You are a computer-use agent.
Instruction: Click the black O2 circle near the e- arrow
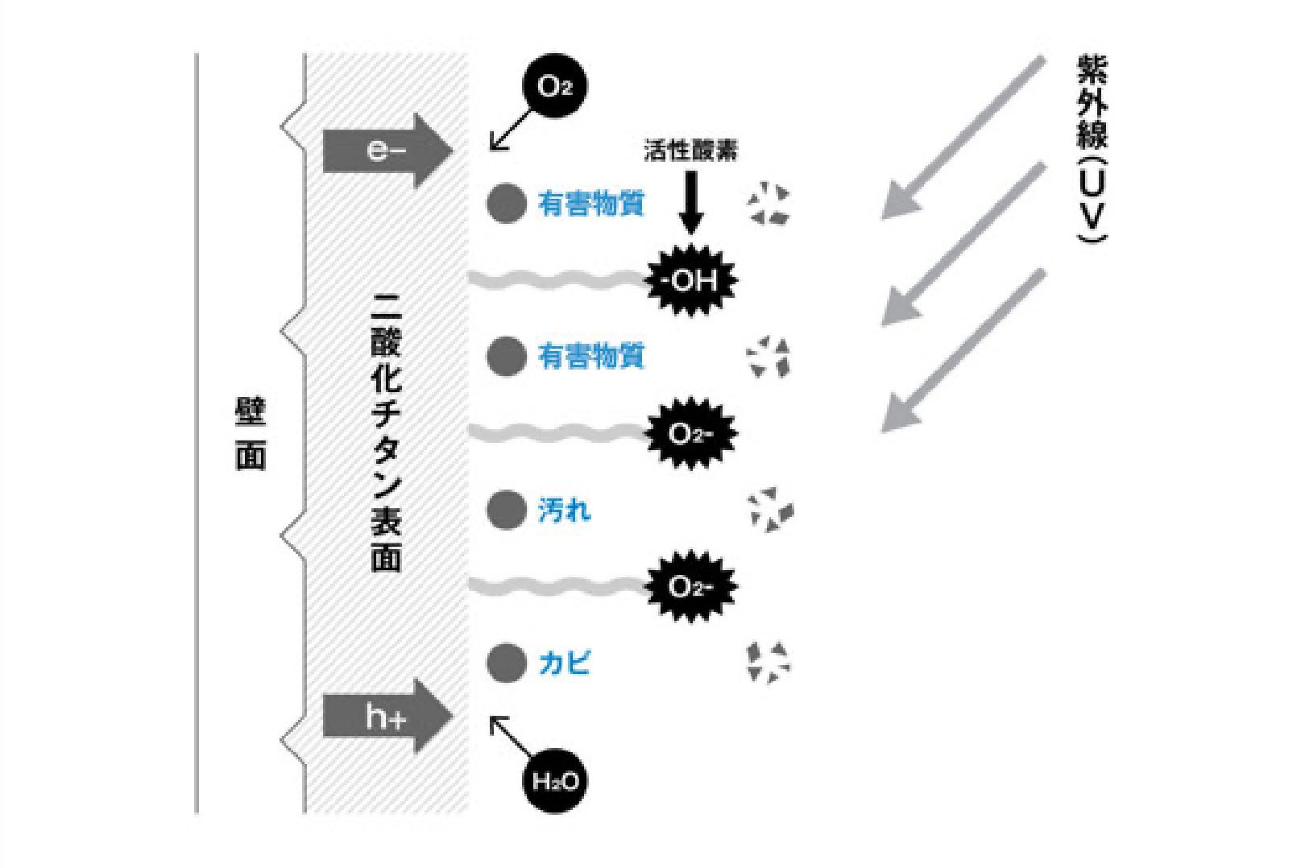coord(554,86)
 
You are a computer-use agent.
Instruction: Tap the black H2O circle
coord(554,780)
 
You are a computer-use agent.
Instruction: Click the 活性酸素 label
coord(690,151)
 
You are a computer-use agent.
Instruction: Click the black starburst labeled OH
coord(691,280)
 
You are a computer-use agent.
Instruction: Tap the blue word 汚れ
coord(564,510)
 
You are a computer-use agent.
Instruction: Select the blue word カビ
coord(564,663)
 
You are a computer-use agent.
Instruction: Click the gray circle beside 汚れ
coord(506,510)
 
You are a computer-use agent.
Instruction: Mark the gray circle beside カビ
coord(506,663)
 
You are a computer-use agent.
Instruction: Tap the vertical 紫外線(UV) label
coord(1092,149)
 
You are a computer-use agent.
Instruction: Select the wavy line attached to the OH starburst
coord(556,280)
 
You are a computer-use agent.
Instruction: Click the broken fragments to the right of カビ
coord(768,662)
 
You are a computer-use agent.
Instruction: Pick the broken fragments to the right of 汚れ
coord(770,510)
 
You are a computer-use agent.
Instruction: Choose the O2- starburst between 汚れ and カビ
coord(691,586)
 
